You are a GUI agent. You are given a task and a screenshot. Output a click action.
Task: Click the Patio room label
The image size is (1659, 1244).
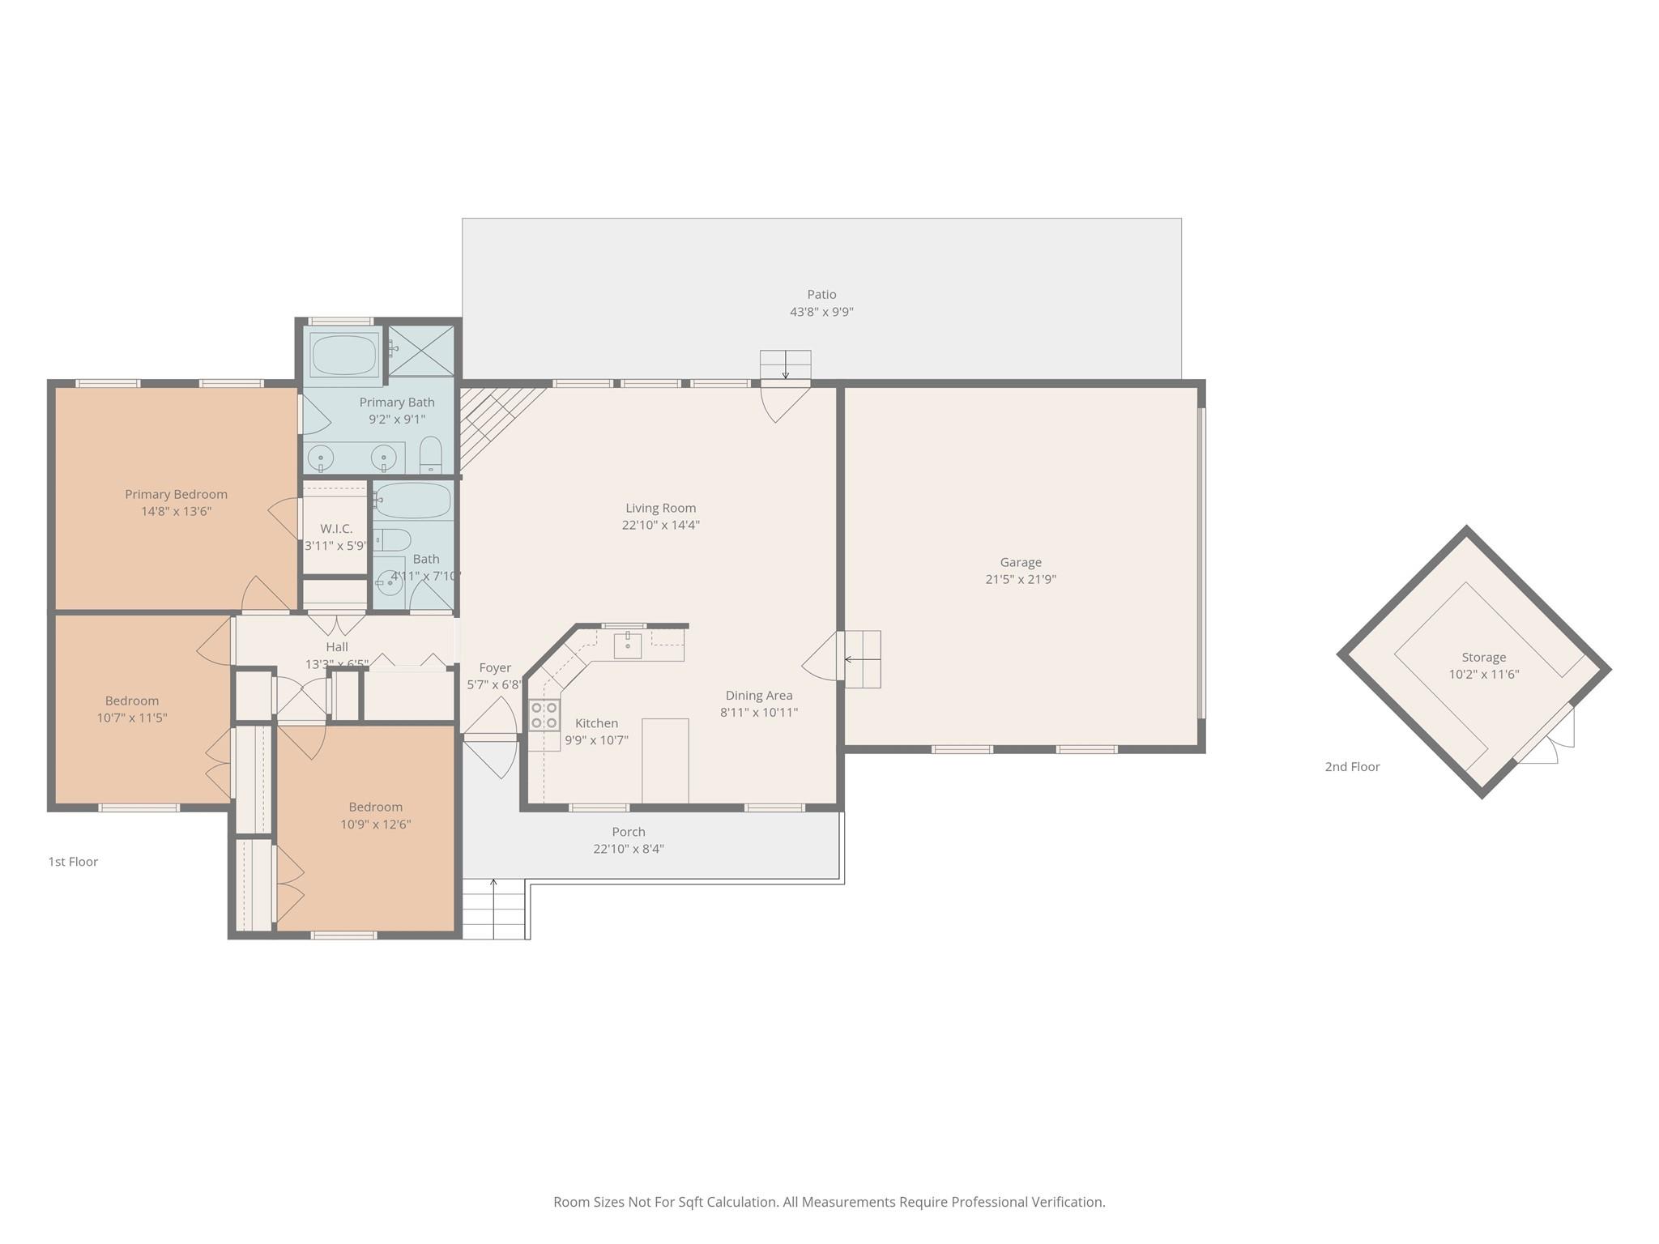tap(821, 295)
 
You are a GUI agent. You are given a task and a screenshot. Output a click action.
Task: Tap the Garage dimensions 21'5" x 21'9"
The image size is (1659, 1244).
tap(1020, 580)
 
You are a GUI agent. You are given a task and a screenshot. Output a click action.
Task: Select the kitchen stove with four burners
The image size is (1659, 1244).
tap(544, 715)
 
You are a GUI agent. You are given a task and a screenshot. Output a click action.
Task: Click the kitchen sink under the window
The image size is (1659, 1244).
tap(627, 646)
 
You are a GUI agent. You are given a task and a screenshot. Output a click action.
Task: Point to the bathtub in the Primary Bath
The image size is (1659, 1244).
tap(344, 355)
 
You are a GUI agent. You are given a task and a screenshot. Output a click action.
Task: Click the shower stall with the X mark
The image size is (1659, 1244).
tap(421, 351)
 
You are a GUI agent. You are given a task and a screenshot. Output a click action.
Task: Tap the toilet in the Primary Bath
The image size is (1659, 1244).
tap(431, 456)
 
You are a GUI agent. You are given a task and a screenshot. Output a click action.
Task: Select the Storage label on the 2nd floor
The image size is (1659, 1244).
tap(1483, 658)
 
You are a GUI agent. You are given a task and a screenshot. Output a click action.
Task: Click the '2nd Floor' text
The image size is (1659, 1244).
tap(1352, 767)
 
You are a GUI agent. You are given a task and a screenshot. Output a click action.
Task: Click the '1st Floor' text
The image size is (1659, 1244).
tap(73, 862)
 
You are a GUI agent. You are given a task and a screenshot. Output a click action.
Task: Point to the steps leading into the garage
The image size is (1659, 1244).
tap(863, 659)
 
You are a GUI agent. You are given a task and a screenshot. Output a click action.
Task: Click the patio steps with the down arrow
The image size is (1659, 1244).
tap(785, 364)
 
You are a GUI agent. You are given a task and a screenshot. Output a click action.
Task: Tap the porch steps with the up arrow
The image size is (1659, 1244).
tap(494, 909)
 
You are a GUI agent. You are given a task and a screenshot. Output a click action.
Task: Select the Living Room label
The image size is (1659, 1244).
tap(660, 509)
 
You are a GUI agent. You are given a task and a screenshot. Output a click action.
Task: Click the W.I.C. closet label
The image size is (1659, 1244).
tap(336, 529)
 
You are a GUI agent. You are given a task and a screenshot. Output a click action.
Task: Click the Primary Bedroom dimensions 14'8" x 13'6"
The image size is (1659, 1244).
tap(176, 512)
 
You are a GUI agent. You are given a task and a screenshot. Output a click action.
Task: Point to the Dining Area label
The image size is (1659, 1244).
tap(758, 696)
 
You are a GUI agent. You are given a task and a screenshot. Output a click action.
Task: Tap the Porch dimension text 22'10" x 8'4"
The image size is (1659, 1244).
tap(628, 850)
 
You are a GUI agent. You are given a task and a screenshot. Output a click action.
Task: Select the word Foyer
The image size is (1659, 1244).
tap(494, 668)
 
